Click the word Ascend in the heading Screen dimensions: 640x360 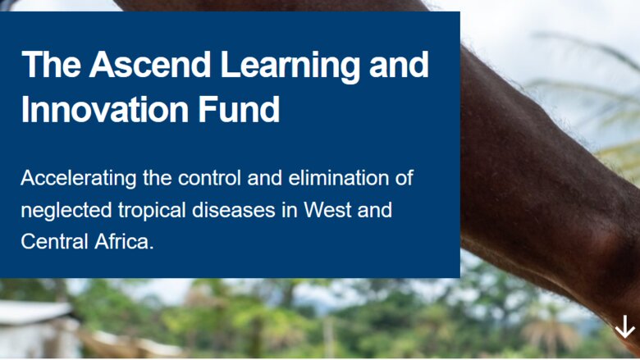[x=150, y=65]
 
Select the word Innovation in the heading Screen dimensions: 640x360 [x=105, y=109]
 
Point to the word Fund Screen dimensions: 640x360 [x=239, y=109]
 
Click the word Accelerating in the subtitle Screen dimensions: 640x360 [x=79, y=179]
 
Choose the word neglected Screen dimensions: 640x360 [x=66, y=211]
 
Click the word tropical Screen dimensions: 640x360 [x=152, y=211]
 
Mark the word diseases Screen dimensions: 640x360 [x=234, y=210]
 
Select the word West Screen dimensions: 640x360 [x=327, y=210]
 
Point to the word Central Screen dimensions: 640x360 [x=54, y=241]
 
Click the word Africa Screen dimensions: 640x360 [x=124, y=241]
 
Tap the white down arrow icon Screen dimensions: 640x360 [x=624, y=326]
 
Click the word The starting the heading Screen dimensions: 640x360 [x=51, y=65]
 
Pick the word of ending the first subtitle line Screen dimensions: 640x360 [x=404, y=178]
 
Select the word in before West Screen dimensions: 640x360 [x=289, y=210]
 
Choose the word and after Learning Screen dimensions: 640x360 [x=399, y=65]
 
